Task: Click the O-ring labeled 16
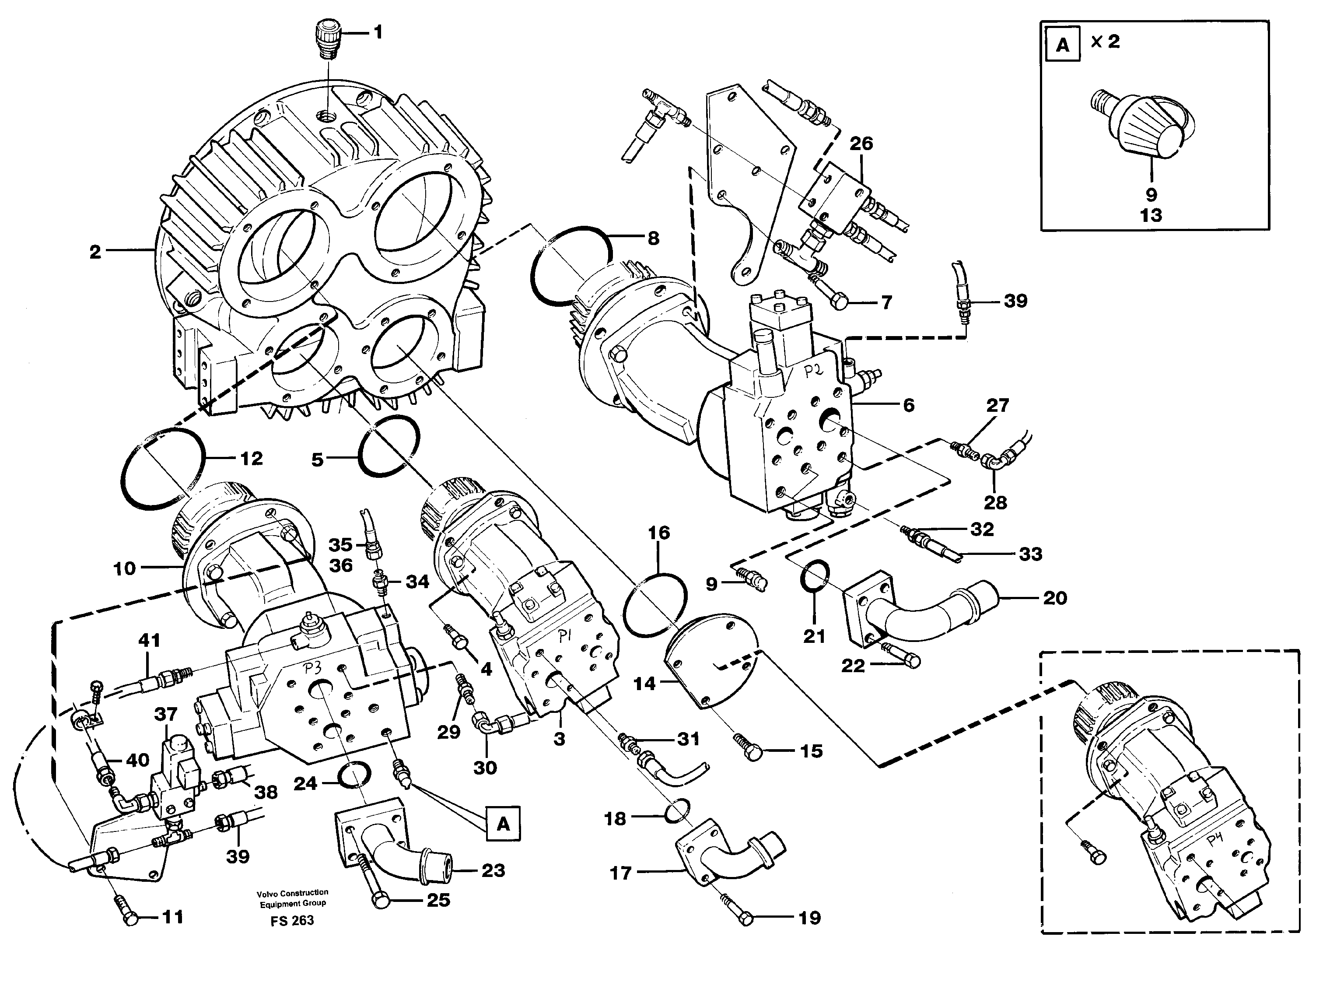coord(654,605)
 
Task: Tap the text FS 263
coord(292,921)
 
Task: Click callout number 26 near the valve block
coord(861,144)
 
